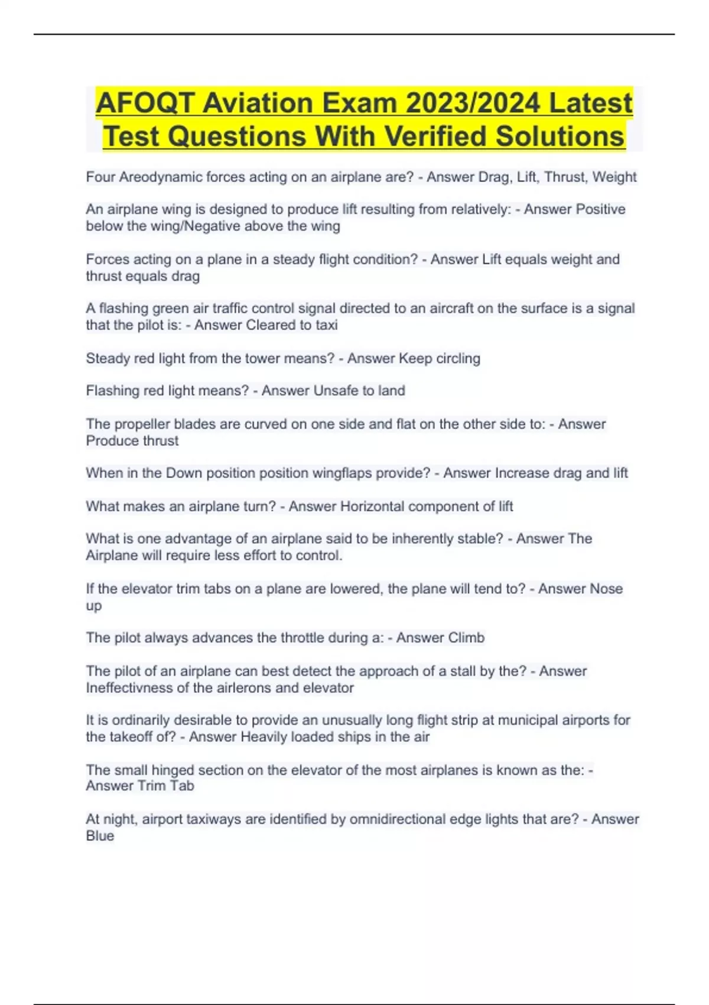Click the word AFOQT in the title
click(145, 103)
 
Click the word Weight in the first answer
click(614, 177)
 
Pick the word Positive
click(600, 209)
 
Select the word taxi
click(326, 325)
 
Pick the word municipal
click(531, 721)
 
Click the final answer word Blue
click(100, 836)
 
